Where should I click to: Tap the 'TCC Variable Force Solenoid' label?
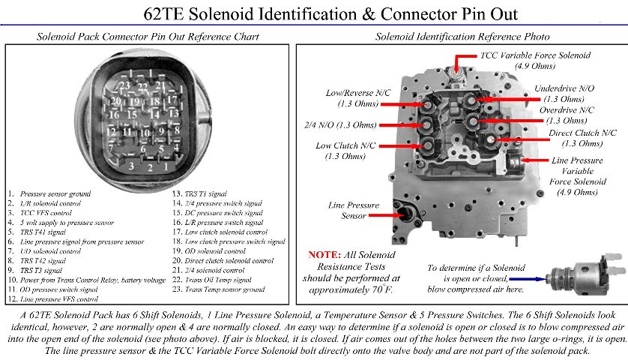(x=535, y=55)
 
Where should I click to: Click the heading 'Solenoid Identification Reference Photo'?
(x=462, y=36)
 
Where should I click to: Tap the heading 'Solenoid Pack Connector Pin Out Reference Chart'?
(x=148, y=36)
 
